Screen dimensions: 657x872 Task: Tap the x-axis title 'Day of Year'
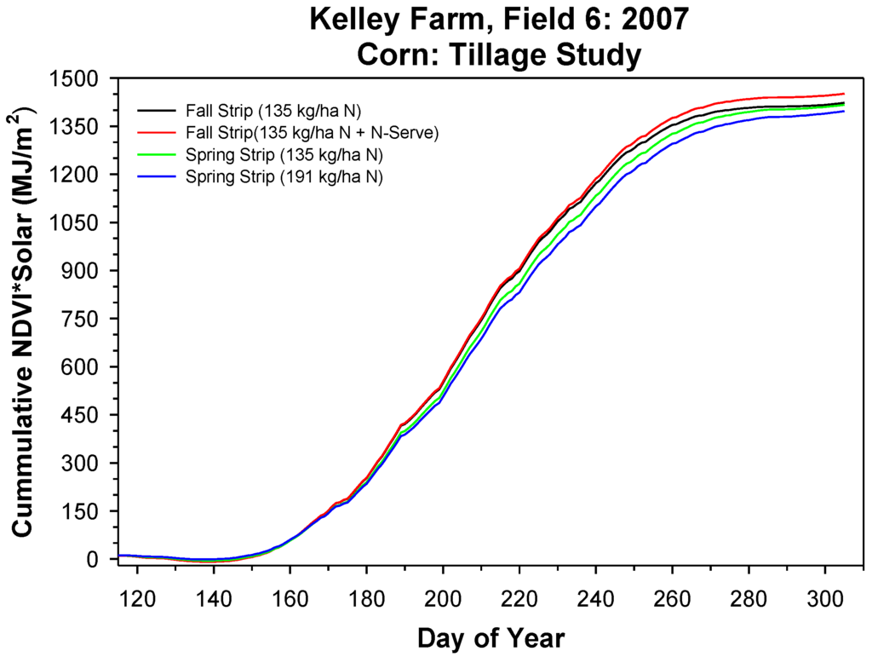(x=490, y=637)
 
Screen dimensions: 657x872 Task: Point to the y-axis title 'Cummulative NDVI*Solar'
(x=24, y=324)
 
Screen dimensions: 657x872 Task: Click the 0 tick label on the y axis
(x=101, y=560)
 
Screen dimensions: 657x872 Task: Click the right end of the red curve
(x=844, y=94)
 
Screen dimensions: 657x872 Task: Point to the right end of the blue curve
(x=844, y=111)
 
